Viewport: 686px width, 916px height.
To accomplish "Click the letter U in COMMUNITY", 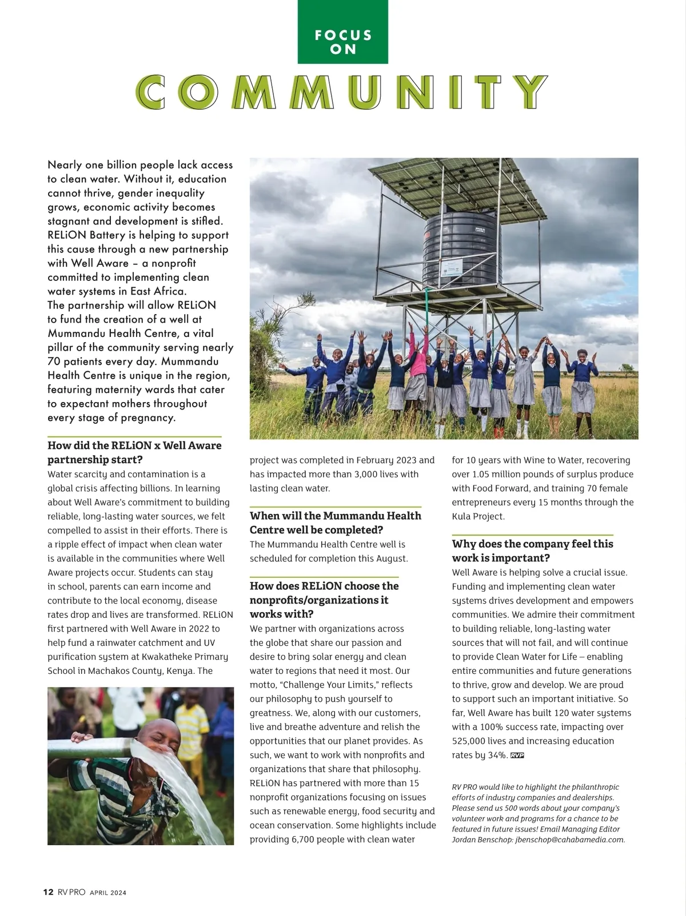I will pyautogui.click(x=365, y=92).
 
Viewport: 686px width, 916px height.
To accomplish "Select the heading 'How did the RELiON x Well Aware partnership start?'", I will pyautogui.click(x=134, y=452).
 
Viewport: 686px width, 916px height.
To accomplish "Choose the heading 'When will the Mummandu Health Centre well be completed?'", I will pyautogui.click(x=335, y=523).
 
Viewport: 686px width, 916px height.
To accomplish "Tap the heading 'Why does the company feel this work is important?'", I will pyautogui.click(x=532, y=551).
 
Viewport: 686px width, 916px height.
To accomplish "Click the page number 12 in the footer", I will pyautogui.click(x=49, y=892).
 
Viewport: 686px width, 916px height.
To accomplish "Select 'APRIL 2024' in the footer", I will pyautogui.click(x=108, y=893).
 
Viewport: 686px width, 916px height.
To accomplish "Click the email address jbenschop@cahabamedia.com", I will pyautogui.click(x=569, y=839).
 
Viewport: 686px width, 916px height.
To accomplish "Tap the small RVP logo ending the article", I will pyautogui.click(x=517, y=756).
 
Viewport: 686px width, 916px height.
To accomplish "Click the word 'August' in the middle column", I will pyautogui.click(x=392, y=559).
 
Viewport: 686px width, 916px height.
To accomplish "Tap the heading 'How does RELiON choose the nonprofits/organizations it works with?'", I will pyautogui.click(x=324, y=600).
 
